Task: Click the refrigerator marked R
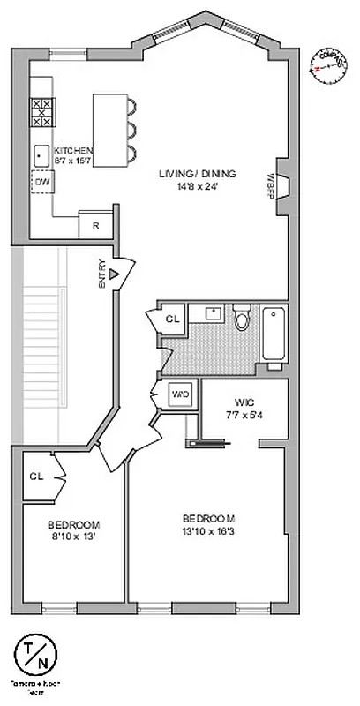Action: click(x=94, y=225)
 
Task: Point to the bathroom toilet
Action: click(x=242, y=320)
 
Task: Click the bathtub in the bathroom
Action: click(x=274, y=330)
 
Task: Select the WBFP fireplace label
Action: click(x=271, y=188)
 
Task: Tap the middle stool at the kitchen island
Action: click(x=131, y=127)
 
